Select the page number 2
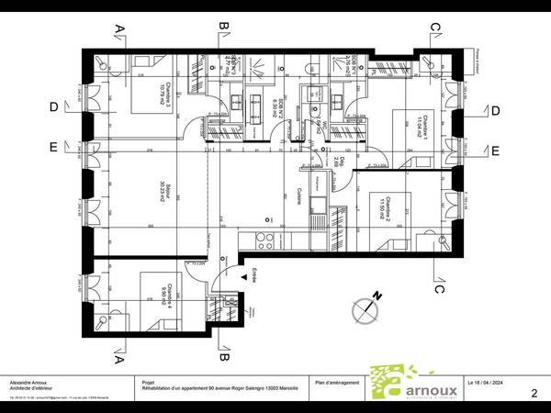(x=534, y=393)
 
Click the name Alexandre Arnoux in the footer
(x=30, y=382)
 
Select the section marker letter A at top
(x=118, y=29)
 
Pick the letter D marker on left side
(x=54, y=108)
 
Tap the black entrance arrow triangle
(x=243, y=274)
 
